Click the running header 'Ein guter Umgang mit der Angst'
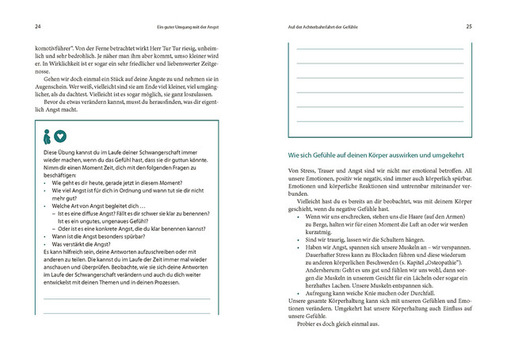pos(189,25)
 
